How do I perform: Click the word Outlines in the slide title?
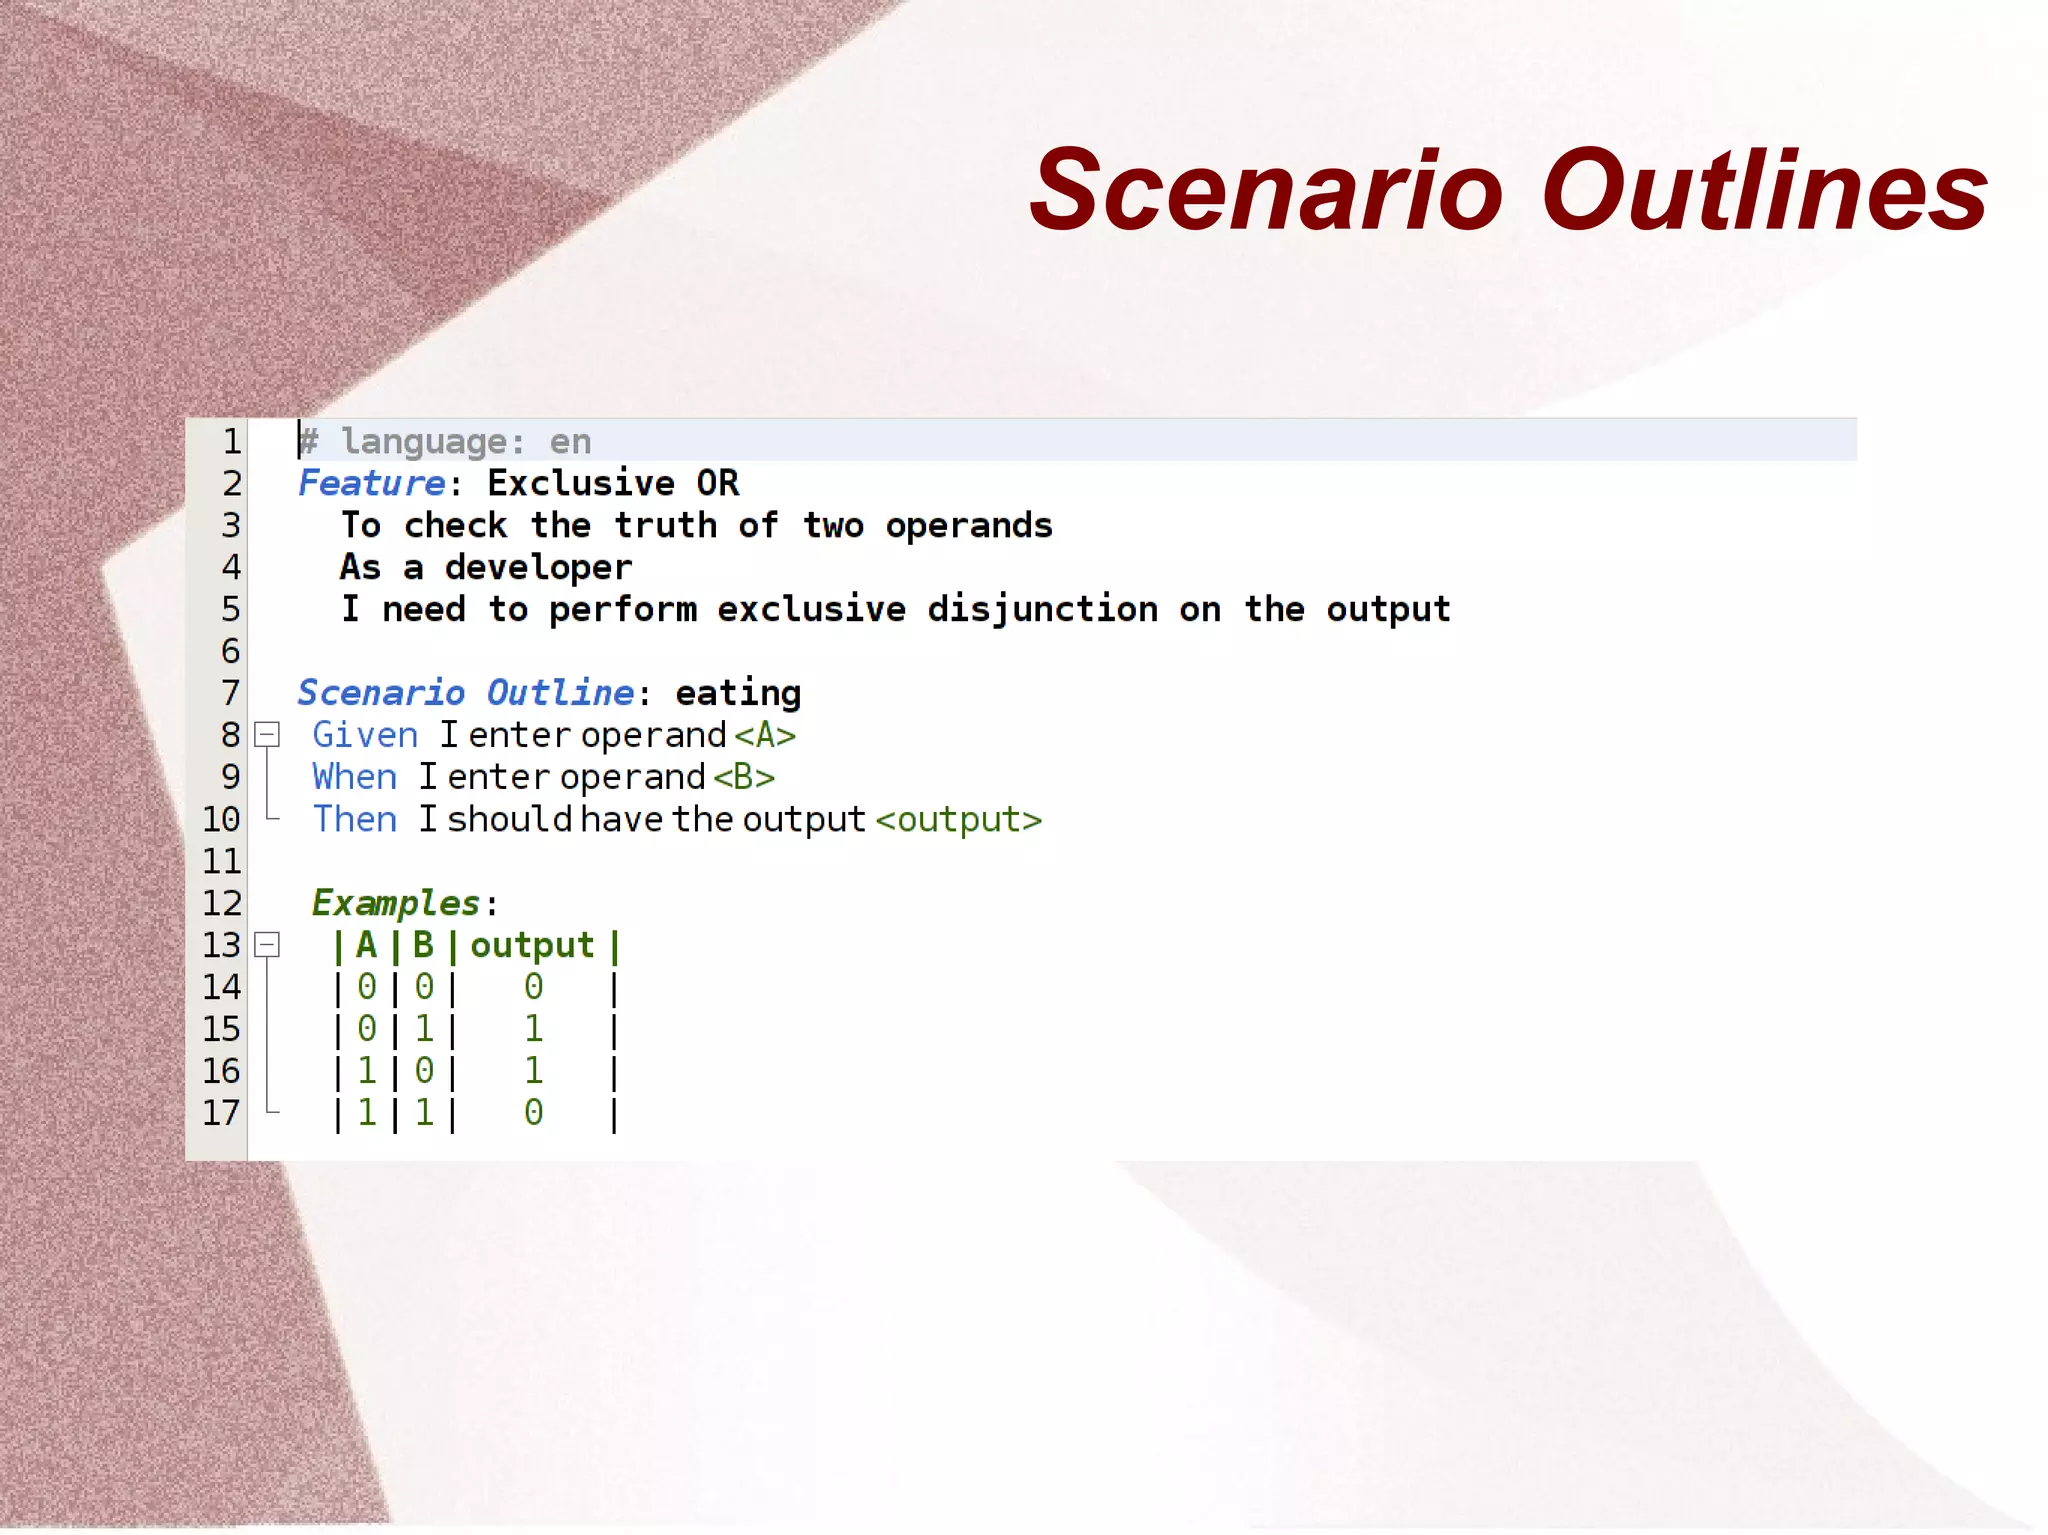(1765, 190)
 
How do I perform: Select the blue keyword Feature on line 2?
(372, 483)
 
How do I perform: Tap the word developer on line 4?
(538, 568)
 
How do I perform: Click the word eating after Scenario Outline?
(738, 693)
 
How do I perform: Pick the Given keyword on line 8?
(365, 735)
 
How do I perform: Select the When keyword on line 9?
(355, 777)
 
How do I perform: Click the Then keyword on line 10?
(355, 819)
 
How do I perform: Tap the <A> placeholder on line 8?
(765, 735)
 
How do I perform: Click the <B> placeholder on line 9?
(744, 777)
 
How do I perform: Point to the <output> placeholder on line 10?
(959, 820)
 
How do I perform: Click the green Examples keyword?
(396, 903)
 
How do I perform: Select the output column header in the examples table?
(532, 946)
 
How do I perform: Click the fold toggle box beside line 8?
(267, 735)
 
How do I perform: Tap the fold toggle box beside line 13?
(267, 945)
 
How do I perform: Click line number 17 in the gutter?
(222, 1113)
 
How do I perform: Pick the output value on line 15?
(534, 1029)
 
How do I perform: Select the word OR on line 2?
(717, 483)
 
